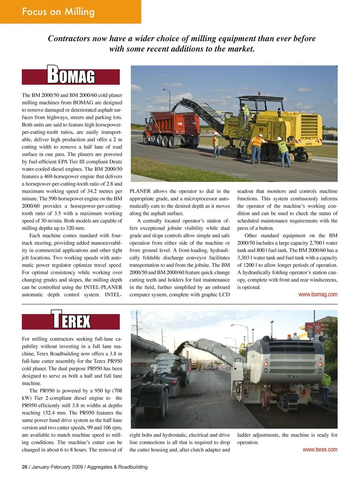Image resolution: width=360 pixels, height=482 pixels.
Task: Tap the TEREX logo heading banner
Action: pyautogui.click(x=71, y=321)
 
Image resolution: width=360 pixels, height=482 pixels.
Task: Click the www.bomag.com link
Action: pyautogui.click(x=318, y=294)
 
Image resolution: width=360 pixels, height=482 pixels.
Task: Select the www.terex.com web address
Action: pyautogui.click(x=320, y=449)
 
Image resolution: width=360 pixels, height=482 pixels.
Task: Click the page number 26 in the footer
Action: pyautogui.click(x=25, y=467)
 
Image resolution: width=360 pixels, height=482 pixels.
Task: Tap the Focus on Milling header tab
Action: pyautogui.click(x=58, y=11)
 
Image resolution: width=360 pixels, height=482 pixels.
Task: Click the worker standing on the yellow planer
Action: pyautogui.click(x=246, y=112)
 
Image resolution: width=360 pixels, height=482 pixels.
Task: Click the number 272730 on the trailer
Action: pyautogui.click(x=163, y=365)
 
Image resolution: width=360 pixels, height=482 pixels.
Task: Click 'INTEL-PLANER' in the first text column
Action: pyautogui.click(x=103, y=287)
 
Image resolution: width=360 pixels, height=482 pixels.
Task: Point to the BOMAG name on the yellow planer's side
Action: pyautogui.click(x=261, y=125)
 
